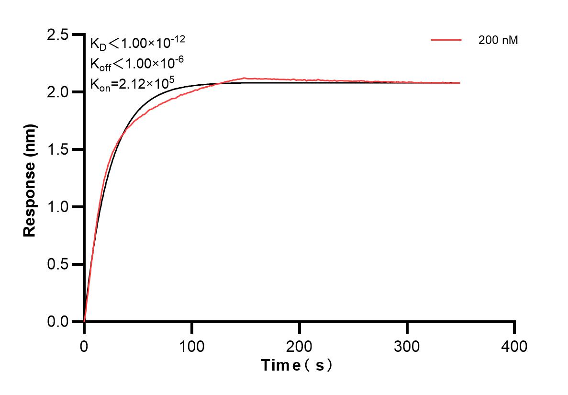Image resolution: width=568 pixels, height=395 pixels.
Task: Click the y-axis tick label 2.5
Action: [x=57, y=34]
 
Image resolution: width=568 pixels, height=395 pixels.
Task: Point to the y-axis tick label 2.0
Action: [x=57, y=92]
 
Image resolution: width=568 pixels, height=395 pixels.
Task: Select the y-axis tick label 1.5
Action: [x=57, y=149]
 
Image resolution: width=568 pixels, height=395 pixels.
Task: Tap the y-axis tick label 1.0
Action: [x=57, y=207]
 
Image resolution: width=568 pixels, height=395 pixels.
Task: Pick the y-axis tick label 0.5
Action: [x=57, y=264]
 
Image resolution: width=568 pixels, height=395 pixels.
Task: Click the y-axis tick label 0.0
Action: [x=57, y=322]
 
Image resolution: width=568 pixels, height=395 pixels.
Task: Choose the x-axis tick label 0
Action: [x=84, y=346]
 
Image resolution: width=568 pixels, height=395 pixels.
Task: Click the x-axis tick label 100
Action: [x=191, y=346]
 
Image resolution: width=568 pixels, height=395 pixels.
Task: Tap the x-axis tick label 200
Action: [x=299, y=346]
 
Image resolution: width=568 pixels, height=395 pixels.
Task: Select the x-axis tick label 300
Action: [x=407, y=346]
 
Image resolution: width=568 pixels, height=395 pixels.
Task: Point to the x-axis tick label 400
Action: [x=514, y=346]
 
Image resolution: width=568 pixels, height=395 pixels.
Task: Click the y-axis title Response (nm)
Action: [x=30, y=178]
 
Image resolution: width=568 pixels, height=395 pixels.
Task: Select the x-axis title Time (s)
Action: [x=297, y=366]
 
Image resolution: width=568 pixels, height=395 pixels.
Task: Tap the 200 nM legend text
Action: [x=498, y=41]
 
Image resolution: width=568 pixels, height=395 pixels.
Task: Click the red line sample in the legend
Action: [x=446, y=41]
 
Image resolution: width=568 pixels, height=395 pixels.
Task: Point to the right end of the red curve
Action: [x=460, y=83]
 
